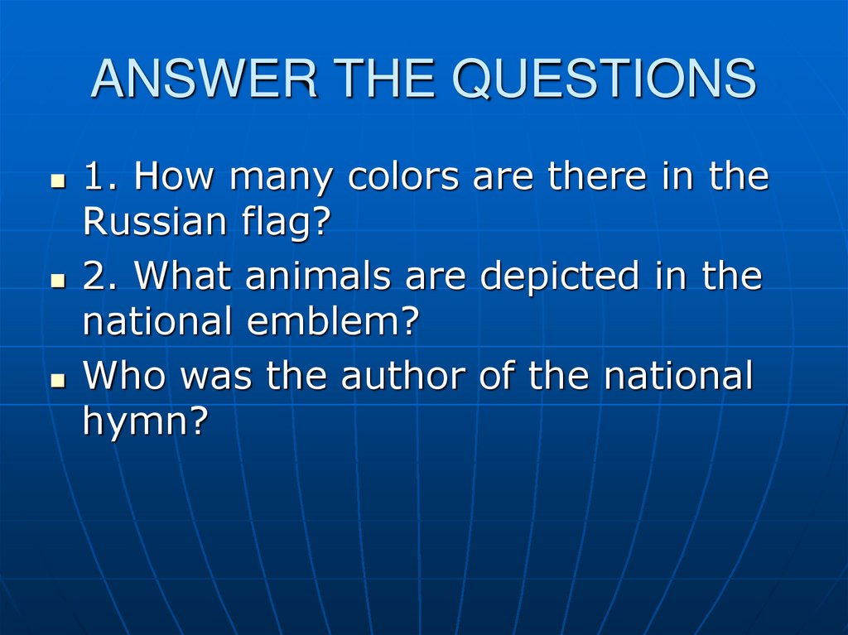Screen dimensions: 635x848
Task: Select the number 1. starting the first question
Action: pos(101,177)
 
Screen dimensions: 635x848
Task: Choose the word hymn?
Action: pos(143,422)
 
